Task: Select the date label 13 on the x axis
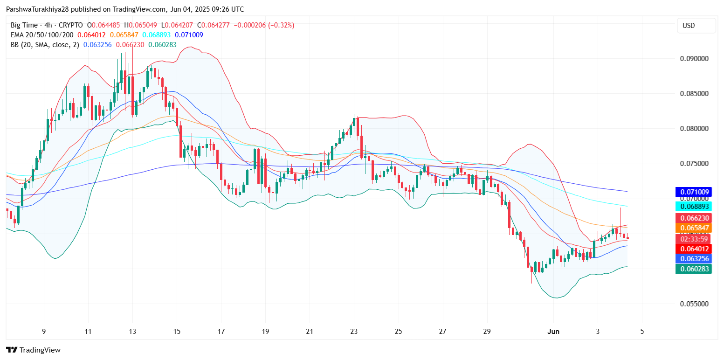click(132, 332)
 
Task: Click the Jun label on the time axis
click(553, 332)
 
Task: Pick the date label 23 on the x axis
click(354, 332)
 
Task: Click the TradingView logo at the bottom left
click(33, 350)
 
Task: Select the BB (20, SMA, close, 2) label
click(45, 45)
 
